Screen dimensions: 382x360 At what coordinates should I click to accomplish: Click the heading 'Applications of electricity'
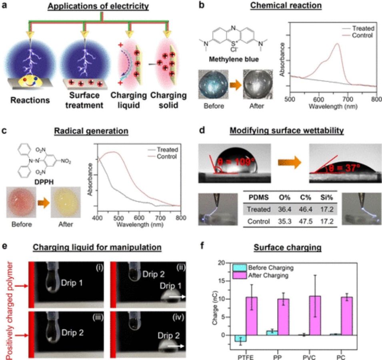(98, 6)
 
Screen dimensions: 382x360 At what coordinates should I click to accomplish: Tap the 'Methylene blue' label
(234, 59)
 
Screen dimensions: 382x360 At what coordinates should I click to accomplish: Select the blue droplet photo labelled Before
(214, 84)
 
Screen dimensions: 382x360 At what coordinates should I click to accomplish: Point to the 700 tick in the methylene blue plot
(348, 99)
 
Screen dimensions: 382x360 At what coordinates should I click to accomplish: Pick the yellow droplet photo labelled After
(66, 202)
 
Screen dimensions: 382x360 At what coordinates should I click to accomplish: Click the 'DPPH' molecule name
(44, 182)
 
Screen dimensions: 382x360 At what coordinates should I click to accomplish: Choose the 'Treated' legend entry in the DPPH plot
(163, 150)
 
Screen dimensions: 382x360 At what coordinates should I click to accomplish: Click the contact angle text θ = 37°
(344, 168)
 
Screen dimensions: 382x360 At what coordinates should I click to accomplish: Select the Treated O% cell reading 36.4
(284, 209)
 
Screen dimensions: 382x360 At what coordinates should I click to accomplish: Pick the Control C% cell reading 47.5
(306, 222)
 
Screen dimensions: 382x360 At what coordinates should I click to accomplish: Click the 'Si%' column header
(327, 197)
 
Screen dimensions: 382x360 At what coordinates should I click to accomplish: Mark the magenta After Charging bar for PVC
(315, 316)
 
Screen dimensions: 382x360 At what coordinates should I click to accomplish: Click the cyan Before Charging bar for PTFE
(240, 338)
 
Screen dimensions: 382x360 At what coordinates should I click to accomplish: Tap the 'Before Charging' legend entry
(263, 268)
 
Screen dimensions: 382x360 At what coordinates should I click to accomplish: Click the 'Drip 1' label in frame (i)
(72, 283)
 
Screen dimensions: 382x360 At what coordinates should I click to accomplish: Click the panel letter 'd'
(202, 130)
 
